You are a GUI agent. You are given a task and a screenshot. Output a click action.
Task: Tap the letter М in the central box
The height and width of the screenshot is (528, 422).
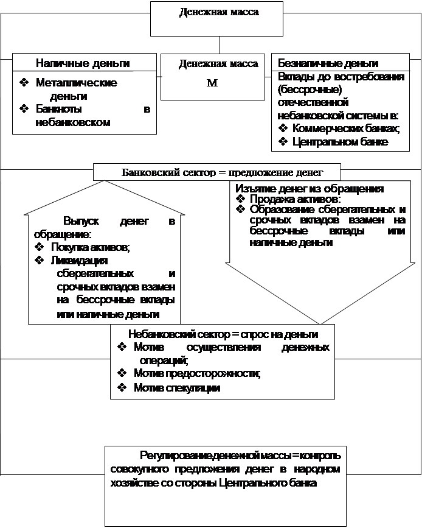coord(212,83)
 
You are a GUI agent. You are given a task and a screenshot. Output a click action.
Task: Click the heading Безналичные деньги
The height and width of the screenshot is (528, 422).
coord(328,63)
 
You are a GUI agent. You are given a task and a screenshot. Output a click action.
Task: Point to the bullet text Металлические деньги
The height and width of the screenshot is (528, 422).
coord(76,88)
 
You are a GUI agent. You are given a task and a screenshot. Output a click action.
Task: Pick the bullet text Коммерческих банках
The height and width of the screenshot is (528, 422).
coord(345,128)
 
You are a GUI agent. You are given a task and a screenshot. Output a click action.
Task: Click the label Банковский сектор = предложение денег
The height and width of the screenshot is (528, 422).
coord(217,172)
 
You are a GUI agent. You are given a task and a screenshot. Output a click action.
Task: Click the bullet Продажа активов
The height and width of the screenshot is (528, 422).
coord(294,199)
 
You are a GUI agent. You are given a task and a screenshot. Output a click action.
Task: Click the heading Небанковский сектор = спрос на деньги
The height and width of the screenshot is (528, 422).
coord(223,334)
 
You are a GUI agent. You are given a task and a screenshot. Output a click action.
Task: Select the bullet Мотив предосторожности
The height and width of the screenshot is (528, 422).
coord(197,373)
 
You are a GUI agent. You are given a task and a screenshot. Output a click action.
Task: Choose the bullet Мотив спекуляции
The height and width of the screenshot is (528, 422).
coord(176,387)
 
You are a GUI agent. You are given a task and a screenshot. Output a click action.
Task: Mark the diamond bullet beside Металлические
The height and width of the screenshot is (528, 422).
coord(24,83)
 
